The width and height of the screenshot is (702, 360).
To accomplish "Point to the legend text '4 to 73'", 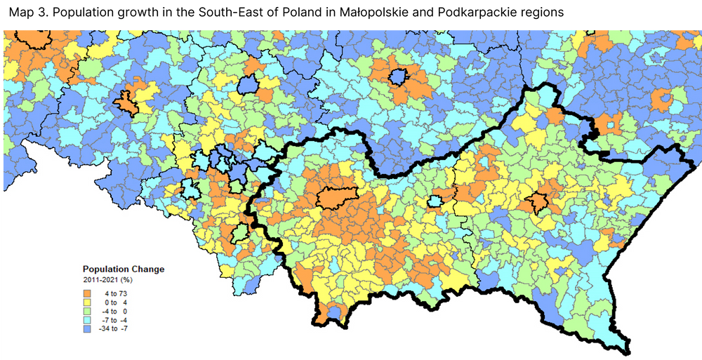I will [x=117, y=293].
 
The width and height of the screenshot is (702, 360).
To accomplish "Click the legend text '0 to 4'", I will [x=117, y=302].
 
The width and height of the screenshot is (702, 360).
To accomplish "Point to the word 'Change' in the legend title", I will [x=149, y=269].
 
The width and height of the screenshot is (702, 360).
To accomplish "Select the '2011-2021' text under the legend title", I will [x=100, y=281].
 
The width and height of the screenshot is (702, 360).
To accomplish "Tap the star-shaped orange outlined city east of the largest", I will [x=538, y=201].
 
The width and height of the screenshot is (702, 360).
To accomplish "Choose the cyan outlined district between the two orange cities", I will [x=435, y=202].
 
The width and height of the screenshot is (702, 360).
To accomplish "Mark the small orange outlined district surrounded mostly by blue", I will [x=126, y=102].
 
